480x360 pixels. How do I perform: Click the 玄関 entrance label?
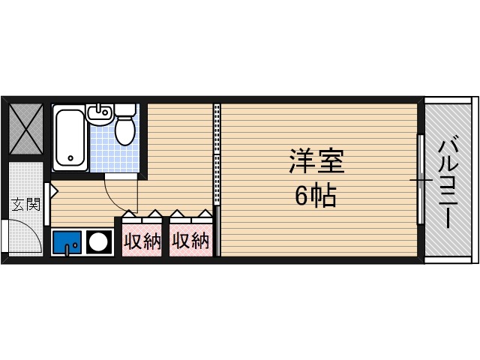(25, 203)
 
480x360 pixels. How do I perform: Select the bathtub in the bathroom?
(70, 137)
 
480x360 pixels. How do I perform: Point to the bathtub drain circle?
(70, 158)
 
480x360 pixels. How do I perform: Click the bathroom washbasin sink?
(98, 113)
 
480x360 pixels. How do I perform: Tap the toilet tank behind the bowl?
(124, 110)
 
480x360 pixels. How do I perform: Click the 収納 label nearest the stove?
(142, 241)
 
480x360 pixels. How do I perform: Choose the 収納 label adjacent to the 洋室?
(190, 241)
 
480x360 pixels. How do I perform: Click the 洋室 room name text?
(316, 163)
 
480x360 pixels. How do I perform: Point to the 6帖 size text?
(315, 196)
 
